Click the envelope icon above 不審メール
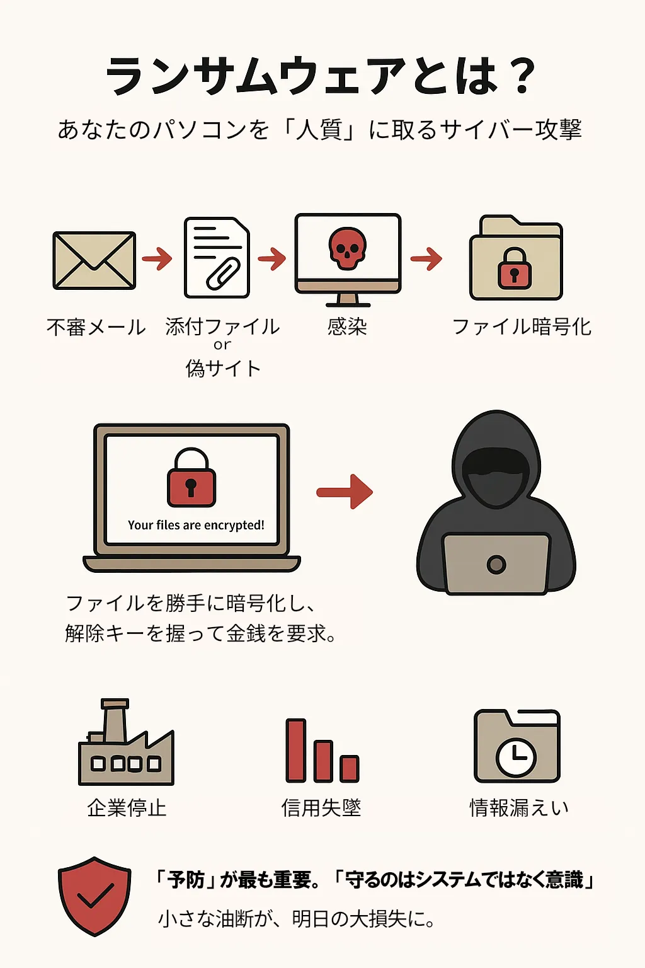[94, 260]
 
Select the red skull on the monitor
[347, 248]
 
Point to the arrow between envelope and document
[157, 258]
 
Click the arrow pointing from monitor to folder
[426, 258]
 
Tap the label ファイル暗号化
[522, 326]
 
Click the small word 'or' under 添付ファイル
[222, 345]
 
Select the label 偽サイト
[223, 368]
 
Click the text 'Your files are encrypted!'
[196, 525]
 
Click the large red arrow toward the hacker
[345, 492]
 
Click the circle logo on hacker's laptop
[496, 564]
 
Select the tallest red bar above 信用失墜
[296, 750]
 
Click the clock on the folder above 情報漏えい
[516, 756]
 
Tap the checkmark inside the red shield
[95, 895]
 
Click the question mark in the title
[522, 76]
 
